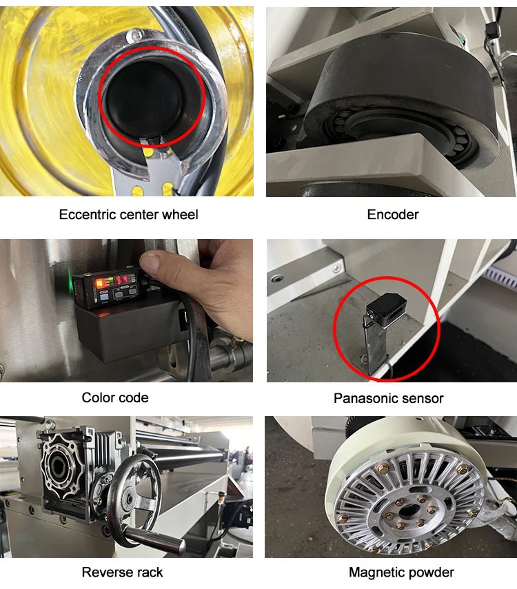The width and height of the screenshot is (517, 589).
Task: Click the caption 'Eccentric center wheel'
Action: pyautogui.click(x=128, y=214)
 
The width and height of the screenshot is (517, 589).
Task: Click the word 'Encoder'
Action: pyautogui.click(x=392, y=214)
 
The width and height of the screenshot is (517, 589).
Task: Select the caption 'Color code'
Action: pyautogui.click(x=115, y=397)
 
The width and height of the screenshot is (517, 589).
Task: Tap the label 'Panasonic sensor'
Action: pyautogui.click(x=388, y=398)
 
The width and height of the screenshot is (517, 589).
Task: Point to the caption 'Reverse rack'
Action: pyautogui.click(x=122, y=572)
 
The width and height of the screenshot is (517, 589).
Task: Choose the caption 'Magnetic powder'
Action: pyautogui.click(x=401, y=572)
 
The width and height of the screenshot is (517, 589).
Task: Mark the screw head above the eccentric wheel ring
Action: pyautogui.click(x=138, y=34)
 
